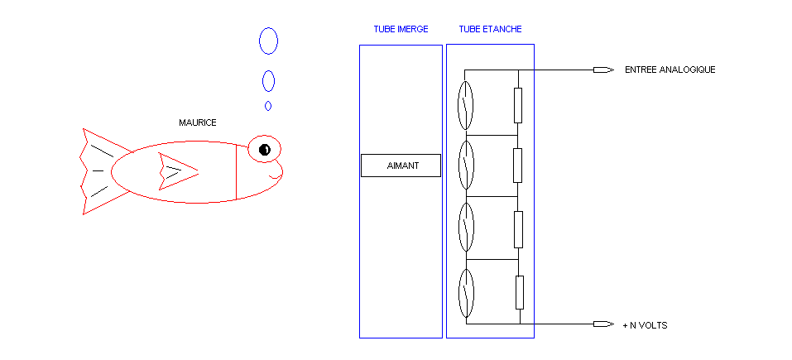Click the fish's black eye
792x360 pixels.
pyautogui.click(x=264, y=150)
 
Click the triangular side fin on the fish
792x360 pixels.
pyautogui.click(x=175, y=171)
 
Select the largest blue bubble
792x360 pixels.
pyautogui.click(x=268, y=41)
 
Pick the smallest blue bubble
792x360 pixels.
pyautogui.click(x=268, y=106)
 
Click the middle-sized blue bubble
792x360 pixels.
pyautogui.click(x=268, y=80)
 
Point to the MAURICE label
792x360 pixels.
pyautogui.click(x=198, y=122)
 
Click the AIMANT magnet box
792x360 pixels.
pyautogui.click(x=401, y=166)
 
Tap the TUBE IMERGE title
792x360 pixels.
pyautogui.click(x=401, y=29)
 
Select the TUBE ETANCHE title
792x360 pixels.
pyautogui.click(x=490, y=29)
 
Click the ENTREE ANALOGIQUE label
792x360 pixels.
pyautogui.click(x=670, y=70)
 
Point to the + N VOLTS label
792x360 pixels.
pyautogui.click(x=645, y=326)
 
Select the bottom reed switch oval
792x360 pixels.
pyautogui.click(x=466, y=292)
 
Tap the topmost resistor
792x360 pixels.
pyautogui.click(x=518, y=105)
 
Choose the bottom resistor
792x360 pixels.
pyautogui.click(x=519, y=292)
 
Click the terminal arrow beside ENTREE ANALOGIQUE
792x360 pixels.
pyautogui.click(x=603, y=70)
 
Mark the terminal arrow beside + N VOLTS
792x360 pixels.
pyautogui.click(x=603, y=324)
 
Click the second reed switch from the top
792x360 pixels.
pyautogui.click(x=466, y=166)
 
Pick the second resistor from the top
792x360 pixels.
pyautogui.click(x=518, y=166)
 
